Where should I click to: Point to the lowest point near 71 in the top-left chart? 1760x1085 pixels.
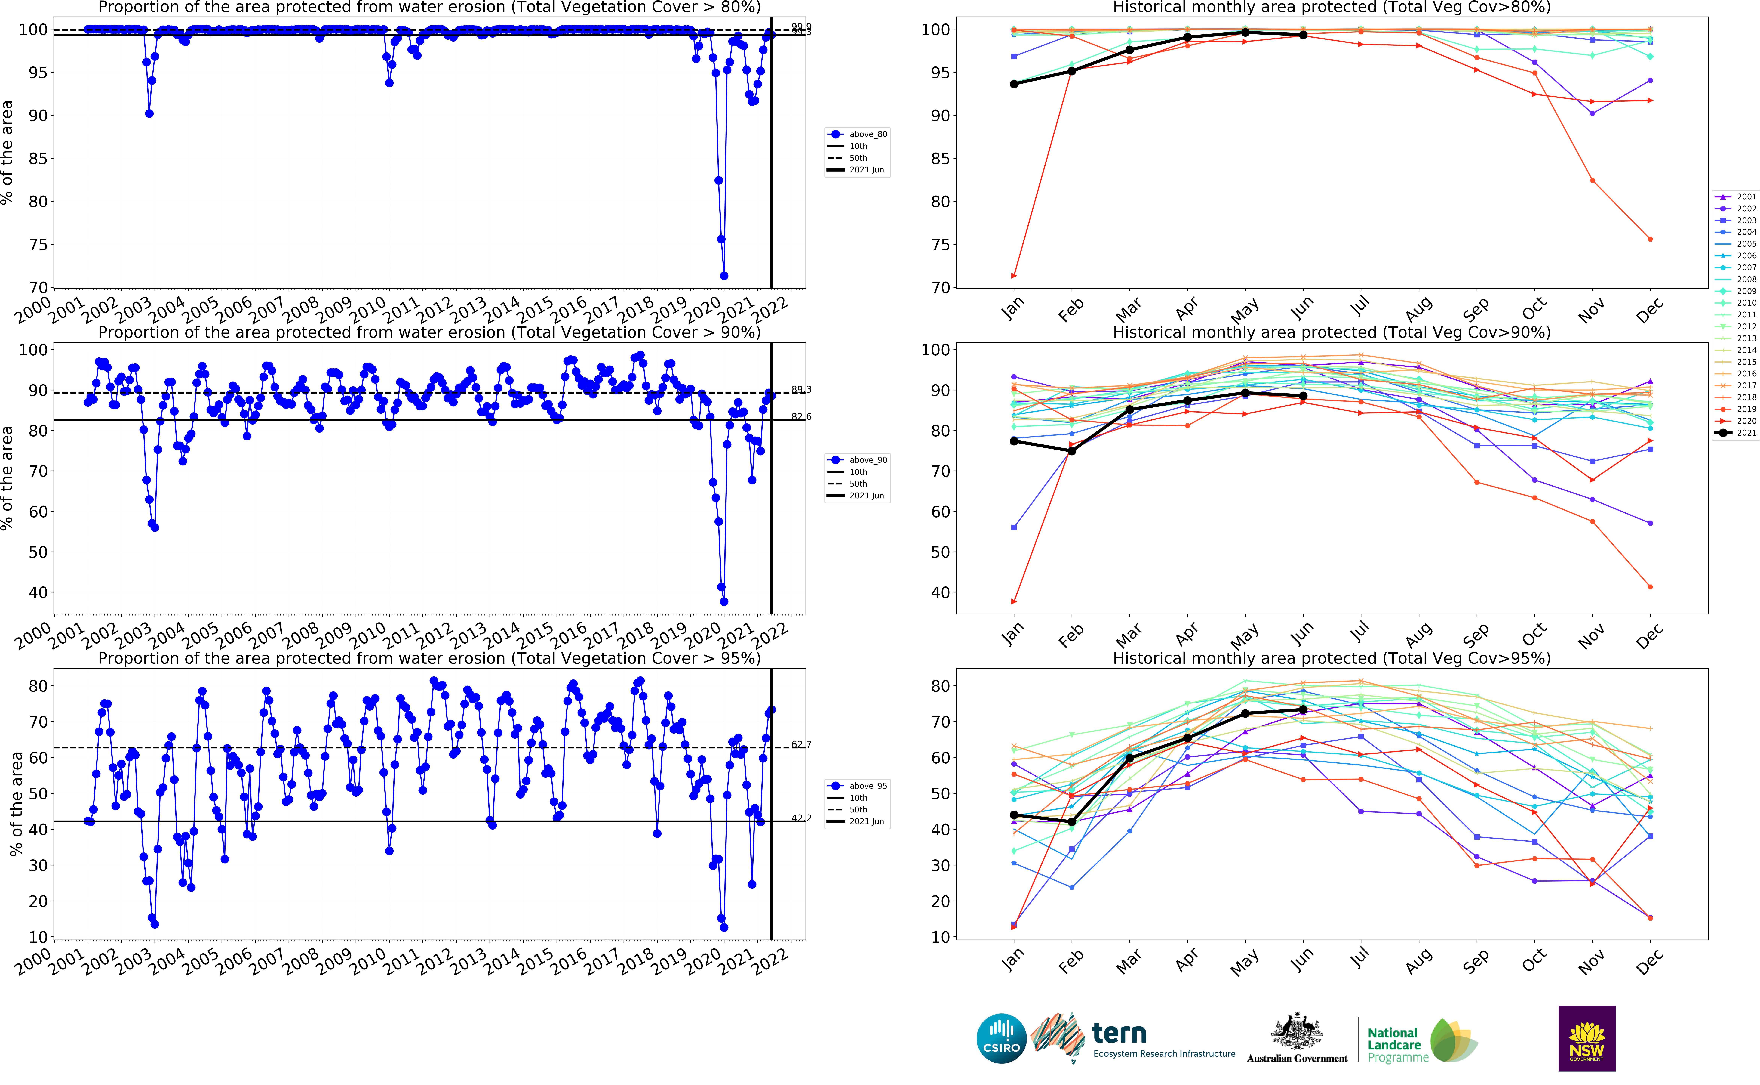coord(724,276)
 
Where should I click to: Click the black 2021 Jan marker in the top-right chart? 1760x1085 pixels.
coord(1013,84)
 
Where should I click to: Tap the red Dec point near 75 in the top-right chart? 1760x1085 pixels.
coord(1650,239)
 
